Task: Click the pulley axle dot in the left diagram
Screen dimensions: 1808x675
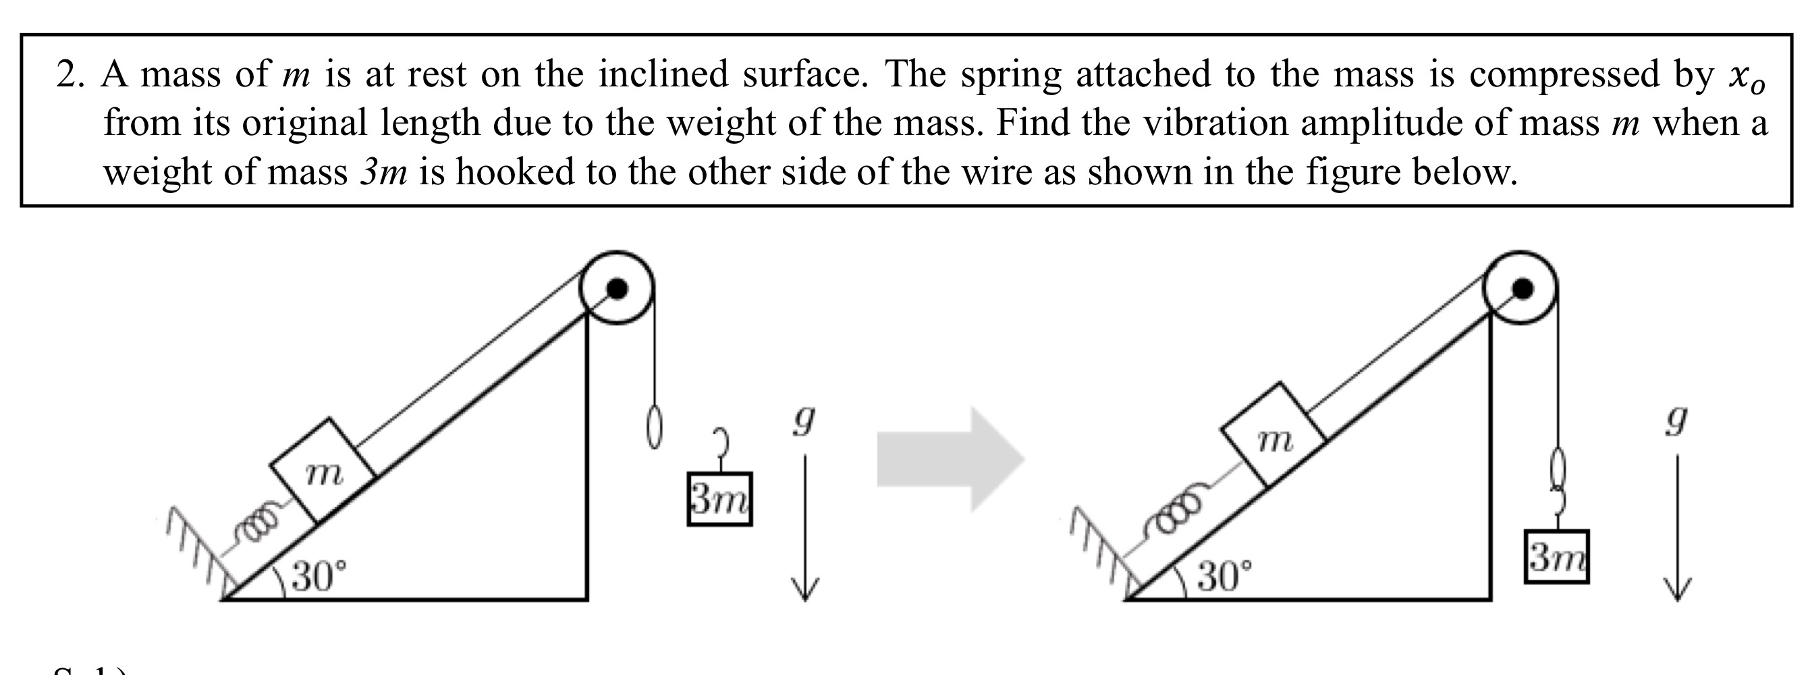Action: click(x=616, y=288)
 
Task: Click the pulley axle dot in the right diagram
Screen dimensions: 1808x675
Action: click(x=1522, y=288)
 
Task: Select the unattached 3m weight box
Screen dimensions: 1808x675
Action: click(x=719, y=500)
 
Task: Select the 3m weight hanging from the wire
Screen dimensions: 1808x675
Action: click(x=1557, y=557)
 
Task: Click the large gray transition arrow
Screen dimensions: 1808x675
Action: click(x=950, y=460)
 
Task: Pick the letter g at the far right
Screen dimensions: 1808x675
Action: click(x=1676, y=421)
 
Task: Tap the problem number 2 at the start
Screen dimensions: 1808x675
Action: click(x=66, y=74)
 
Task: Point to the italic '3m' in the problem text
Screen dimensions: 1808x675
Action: click(x=383, y=172)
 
